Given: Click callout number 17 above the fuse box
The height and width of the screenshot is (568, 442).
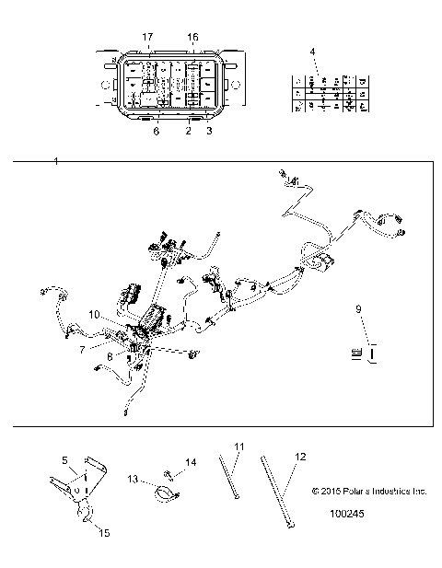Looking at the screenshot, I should pyautogui.click(x=147, y=36).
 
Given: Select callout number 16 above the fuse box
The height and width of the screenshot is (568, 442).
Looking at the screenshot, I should pyautogui.click(x=192, y=36).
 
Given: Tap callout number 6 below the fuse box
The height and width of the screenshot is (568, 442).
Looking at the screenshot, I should pyautogui.click(x=156, y=132).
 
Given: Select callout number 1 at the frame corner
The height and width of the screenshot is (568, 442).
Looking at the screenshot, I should pyautogui.click(x=57, y=161).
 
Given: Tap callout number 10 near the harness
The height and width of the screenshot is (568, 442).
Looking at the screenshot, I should pyautogui.click(x=94, y=314).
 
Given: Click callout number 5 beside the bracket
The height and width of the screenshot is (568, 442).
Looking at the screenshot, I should pyautogui.click(x=64, y=459).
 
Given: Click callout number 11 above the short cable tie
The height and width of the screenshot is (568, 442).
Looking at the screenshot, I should pyautogui.click(x=238, y=446).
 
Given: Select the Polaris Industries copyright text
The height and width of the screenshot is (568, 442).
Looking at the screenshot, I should pyautogui.click(x=369, y=492).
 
